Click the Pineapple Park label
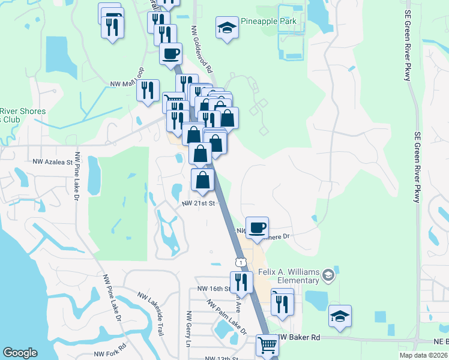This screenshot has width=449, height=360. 268,22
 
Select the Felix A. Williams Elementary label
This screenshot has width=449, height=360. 289,276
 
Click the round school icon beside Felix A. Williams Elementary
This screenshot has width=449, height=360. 328,275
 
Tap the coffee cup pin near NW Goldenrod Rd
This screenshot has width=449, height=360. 170,53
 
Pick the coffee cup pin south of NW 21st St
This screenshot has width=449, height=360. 257,227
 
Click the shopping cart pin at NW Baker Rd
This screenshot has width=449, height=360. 267,344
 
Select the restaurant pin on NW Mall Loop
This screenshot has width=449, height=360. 147,90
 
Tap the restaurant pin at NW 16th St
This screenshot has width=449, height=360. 241,282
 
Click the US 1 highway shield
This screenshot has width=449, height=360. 241,262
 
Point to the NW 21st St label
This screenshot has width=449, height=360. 198,203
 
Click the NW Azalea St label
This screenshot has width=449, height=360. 52,161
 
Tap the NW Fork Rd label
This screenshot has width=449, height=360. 112,350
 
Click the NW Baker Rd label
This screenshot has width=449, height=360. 299,338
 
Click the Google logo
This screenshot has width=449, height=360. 20,353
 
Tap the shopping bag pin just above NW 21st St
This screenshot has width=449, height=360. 203,179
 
